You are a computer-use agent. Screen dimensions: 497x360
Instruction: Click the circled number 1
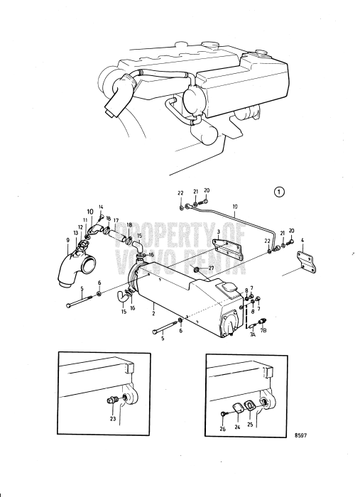pos(281,191)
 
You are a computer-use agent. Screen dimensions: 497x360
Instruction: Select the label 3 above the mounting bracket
pos(218,232)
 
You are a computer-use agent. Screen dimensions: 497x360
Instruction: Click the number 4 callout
pos(303,241)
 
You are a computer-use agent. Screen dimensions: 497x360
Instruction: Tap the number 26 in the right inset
pos(222,430)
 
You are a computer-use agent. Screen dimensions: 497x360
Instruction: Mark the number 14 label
pos(101,207)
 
